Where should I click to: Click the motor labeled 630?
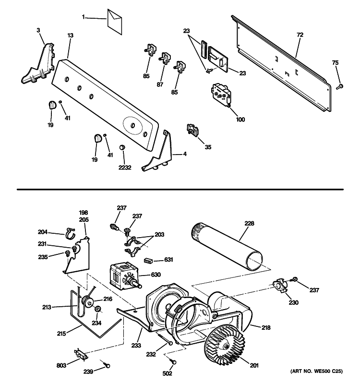pos(124,277)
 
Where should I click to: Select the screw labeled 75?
pos(339,86)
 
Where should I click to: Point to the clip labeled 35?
pos(192,130)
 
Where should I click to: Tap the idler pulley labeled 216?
pos(88,302)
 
